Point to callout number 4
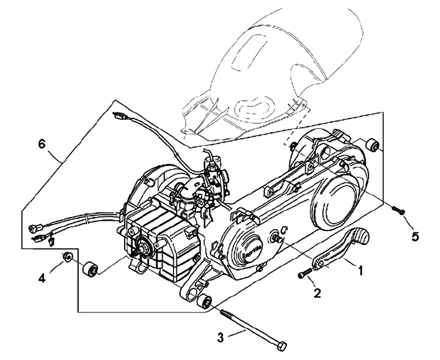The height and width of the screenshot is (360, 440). tap(42, 278)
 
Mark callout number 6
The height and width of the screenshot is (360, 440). tap(42, 145)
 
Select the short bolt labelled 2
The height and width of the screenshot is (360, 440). tap(304, 275)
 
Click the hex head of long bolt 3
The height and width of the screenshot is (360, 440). tap(281, 346)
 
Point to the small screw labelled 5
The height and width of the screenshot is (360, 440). tap(399, 211)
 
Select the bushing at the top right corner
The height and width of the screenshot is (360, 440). tap(372, 145)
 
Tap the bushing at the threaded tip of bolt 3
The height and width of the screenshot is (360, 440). tap(207, 301)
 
